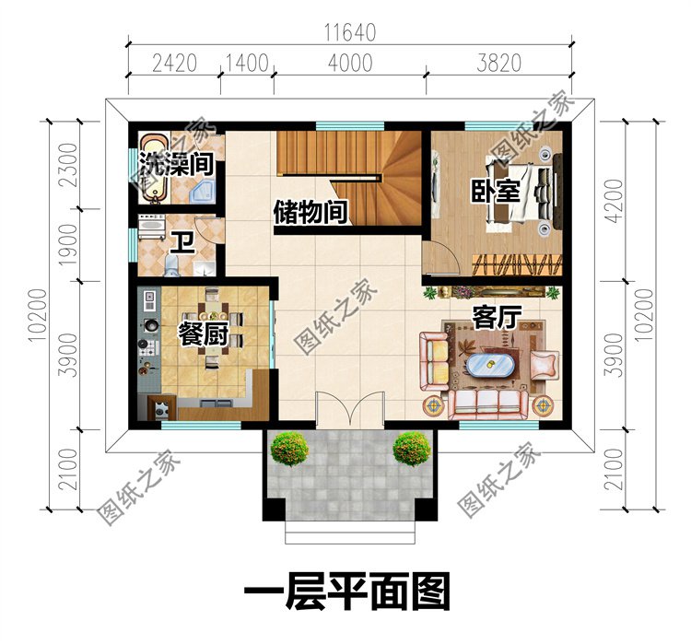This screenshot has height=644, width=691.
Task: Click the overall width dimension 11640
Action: tap(349, 31)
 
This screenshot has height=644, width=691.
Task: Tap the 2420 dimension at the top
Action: tap(174, 64)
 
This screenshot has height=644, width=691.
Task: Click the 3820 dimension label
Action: tap(498, 64)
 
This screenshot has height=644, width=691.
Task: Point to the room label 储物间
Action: tap(311, 212)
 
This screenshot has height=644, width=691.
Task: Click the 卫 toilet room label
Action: tap(183, 244)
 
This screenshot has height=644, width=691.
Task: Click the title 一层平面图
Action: tap(346, 591)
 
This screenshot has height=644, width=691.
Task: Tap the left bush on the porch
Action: tap(289, 449)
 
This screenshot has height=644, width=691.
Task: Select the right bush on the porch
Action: tap(411, 449)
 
